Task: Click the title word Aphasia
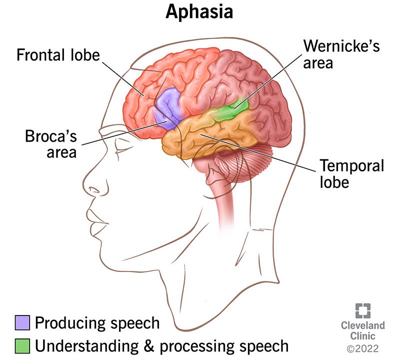(x=199, y=12)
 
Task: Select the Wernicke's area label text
(x=341, y=54)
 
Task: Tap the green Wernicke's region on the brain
(x=232, y=108)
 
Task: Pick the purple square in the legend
(x=22, y=323)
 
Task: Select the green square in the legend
(x=22, y=345)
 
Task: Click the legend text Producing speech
(x=97, y=323)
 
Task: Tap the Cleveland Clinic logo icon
(x=362, y=310)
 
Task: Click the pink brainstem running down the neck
(x=227, y=200)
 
